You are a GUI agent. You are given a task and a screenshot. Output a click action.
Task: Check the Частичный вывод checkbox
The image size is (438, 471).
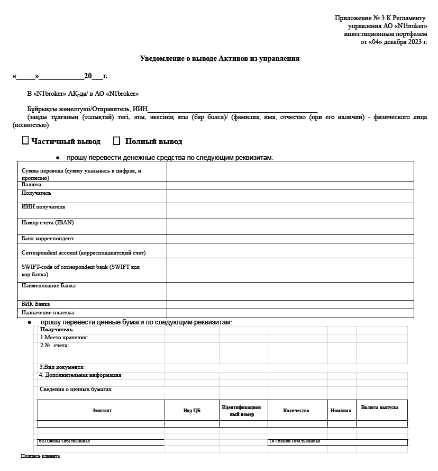[x=25, y=141]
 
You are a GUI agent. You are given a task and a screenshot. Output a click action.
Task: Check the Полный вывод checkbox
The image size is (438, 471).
[x=117, y=141]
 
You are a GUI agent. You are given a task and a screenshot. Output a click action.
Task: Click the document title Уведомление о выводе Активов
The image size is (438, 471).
[x=220, y=59]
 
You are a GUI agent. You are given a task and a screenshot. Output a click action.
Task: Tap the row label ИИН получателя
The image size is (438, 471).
[x=43, y=207]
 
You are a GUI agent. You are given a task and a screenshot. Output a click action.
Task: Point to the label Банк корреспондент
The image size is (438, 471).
[x=48, y=239]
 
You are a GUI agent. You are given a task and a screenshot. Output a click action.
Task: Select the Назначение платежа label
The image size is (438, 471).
[x=48, y=313]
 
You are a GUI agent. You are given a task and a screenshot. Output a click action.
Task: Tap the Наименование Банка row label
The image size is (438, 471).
[x=49, y=286]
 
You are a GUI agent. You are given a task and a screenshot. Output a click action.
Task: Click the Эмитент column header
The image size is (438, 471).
[x=102, y=411]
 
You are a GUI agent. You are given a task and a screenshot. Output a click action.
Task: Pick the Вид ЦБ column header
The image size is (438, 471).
[x=191, y=411]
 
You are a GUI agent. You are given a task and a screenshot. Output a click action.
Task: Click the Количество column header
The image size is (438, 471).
[x=296, y=411]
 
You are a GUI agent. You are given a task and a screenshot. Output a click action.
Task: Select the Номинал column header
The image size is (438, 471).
[x=341, y=411]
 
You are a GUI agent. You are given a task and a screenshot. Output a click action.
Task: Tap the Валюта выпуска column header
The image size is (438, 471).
[x=380, y=407]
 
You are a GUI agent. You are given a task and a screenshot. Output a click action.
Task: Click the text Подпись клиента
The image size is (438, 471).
[x=40, y=456]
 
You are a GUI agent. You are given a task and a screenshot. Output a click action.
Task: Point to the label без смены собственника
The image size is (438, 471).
[x=64, y=441]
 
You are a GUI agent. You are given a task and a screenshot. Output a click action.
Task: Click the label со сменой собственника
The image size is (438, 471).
[x=295, y=441]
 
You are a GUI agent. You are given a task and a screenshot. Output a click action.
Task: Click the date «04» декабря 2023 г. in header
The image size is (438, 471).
[x=394, y=42]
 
